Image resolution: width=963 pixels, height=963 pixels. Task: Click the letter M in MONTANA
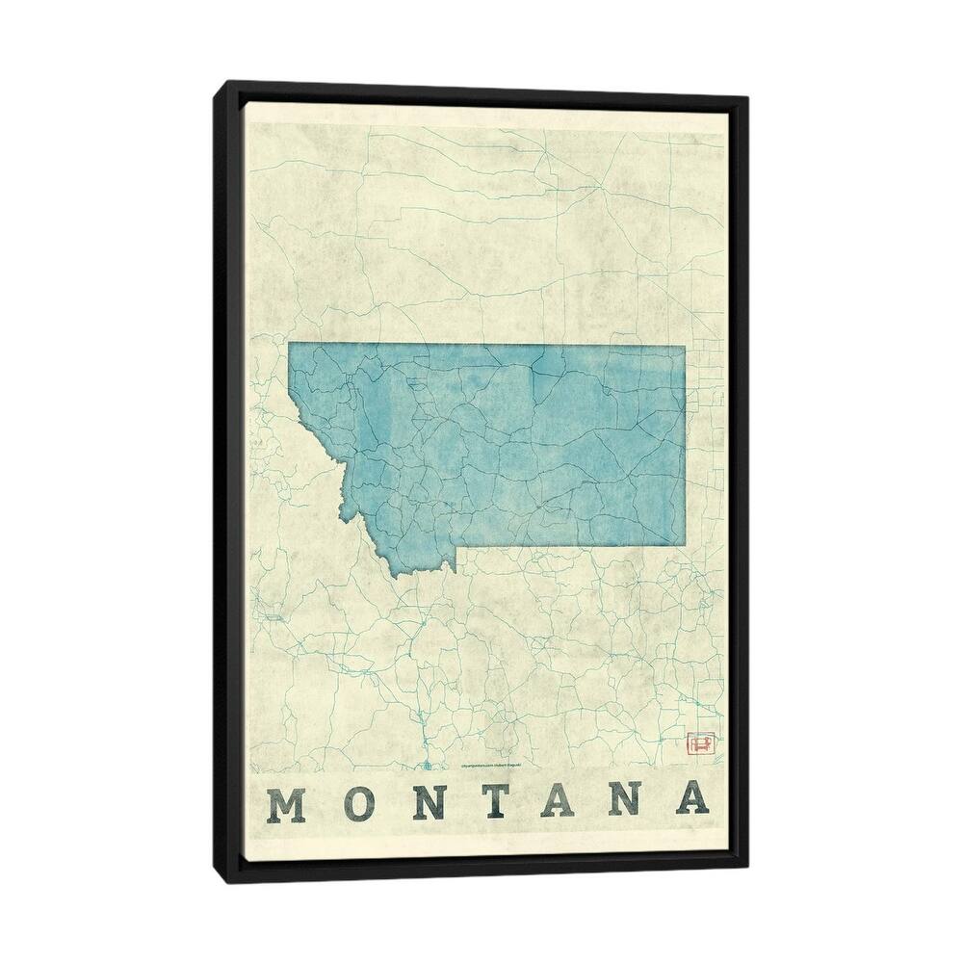286,802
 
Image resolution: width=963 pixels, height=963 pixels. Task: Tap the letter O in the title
357,802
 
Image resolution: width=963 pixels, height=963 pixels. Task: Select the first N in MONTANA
428,802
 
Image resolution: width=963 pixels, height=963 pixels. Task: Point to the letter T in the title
493,802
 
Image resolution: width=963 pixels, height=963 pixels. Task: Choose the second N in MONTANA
624,802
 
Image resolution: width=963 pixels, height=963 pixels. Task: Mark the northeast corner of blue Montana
685,346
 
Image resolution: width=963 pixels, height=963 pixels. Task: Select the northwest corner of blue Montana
289,344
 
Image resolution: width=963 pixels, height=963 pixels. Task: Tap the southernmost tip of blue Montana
394,577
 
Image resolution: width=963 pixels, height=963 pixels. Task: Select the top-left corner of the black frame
215,83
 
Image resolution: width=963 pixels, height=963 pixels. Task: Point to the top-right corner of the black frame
748,97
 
